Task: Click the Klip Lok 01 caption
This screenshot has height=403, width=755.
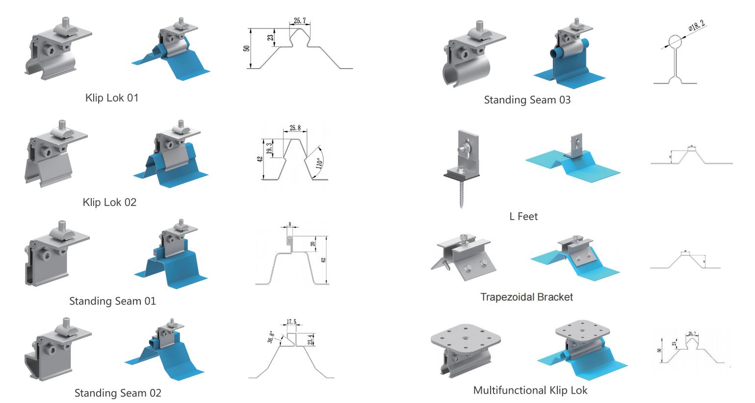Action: pos(112,98)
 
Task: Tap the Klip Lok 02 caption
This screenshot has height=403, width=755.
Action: pos(109,202)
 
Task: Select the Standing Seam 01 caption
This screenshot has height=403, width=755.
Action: pos(112,301)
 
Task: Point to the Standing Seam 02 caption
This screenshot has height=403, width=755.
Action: pos(118,393)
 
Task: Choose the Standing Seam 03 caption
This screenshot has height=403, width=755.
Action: pos(527,100)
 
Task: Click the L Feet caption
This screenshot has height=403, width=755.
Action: pos(523,216)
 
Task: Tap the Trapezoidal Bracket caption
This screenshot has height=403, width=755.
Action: pos(526,297)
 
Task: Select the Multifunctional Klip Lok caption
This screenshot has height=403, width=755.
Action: pos(530,390)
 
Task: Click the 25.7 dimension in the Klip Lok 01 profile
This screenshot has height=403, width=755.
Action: pos(300,21)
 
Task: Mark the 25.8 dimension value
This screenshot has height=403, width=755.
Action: pos(295,128)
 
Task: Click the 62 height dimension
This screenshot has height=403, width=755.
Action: pos(323,259)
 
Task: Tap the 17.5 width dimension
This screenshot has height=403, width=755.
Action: pos(291,322)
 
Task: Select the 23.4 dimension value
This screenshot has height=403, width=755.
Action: pos(310,340)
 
